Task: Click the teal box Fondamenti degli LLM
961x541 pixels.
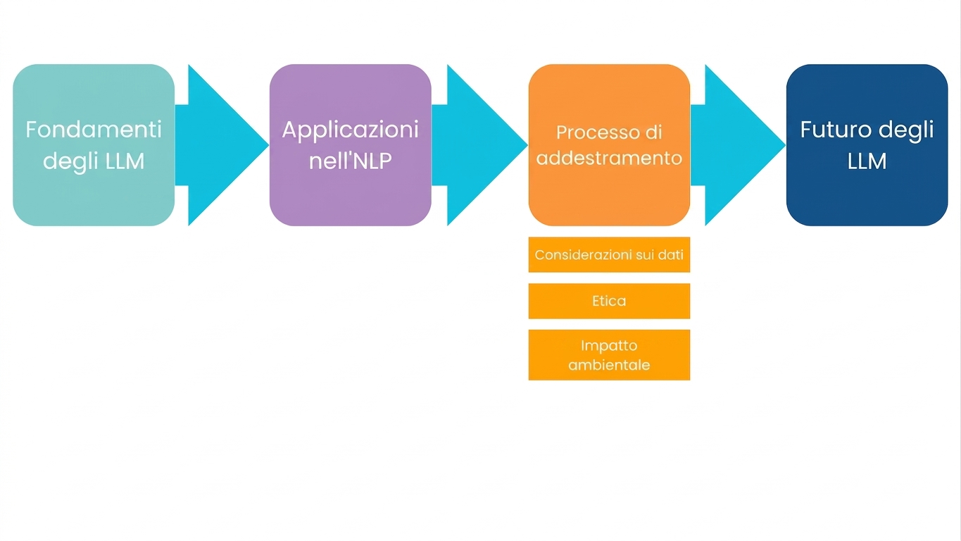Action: point(94,145)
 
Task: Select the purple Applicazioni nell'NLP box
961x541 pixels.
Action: point(351,145)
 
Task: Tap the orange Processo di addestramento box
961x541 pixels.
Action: point(609,145)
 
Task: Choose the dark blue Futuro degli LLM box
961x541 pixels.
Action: point(867,145)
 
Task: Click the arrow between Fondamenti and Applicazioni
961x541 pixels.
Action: point(222,145)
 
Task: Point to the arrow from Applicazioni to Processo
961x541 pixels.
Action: point(479,145)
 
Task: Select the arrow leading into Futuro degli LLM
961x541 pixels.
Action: point(738,145)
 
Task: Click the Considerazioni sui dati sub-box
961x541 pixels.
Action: point(609,254)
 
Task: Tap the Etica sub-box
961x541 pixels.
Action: point(609,301)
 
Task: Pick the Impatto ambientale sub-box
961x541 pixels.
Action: point(609,355)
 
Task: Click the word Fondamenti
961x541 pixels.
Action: point(94,129)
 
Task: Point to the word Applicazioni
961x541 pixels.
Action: point(351,130)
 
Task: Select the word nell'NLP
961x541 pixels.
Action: point(351,161)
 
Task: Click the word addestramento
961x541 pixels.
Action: point(609,158)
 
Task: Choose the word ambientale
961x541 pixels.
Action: point(609,365)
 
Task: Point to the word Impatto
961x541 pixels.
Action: point(609,346)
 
